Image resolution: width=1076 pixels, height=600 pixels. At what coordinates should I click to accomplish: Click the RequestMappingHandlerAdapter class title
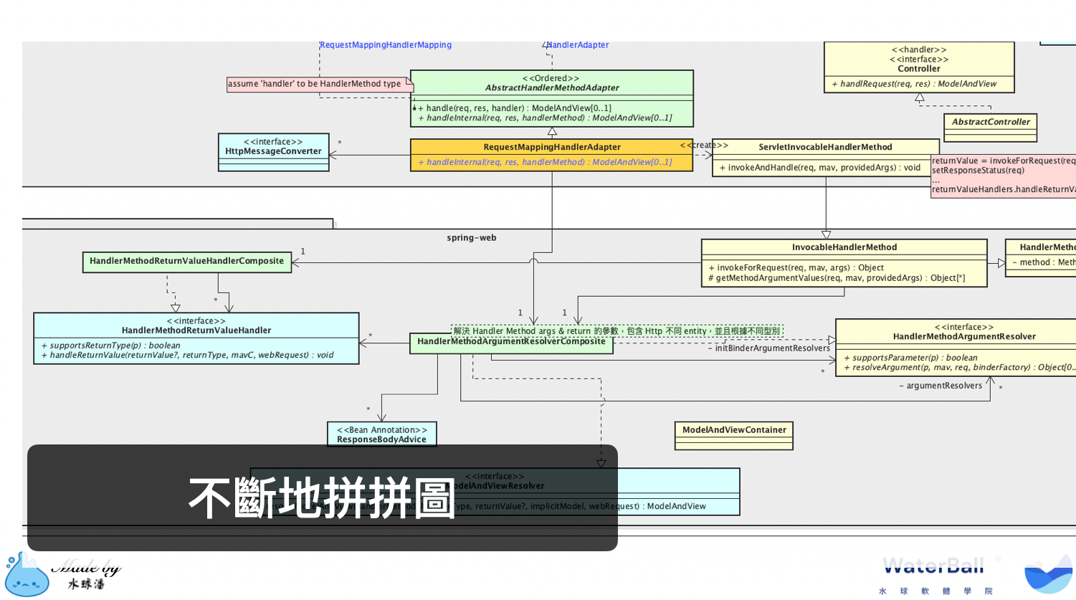[551, 147]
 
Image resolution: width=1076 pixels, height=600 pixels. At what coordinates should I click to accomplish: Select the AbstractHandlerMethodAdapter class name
[551, 88]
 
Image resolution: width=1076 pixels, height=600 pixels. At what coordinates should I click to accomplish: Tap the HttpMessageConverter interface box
[273, 151]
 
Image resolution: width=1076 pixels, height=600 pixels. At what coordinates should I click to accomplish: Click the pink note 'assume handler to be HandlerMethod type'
[315, 84]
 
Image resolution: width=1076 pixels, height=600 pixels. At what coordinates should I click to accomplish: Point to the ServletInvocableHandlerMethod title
[825, 147]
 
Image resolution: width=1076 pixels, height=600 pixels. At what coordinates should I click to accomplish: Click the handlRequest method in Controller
[918, 84]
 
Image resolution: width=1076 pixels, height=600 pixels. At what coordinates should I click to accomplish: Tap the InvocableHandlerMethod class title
[844, 247]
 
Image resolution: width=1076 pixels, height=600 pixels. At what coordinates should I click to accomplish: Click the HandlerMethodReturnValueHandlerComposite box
[186, 261]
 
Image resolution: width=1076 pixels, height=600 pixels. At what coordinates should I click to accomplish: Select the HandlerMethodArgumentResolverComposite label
[511, 342]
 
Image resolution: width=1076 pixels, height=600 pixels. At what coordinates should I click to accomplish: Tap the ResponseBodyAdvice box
[381, 435]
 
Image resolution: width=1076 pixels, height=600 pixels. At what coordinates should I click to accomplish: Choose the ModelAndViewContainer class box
[733, 431]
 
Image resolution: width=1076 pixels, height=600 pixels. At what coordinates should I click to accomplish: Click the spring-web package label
[471, 238]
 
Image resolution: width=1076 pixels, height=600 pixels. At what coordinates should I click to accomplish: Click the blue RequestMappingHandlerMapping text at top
[386, 45]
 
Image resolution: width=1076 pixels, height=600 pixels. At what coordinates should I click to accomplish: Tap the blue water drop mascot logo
[27, 576]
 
